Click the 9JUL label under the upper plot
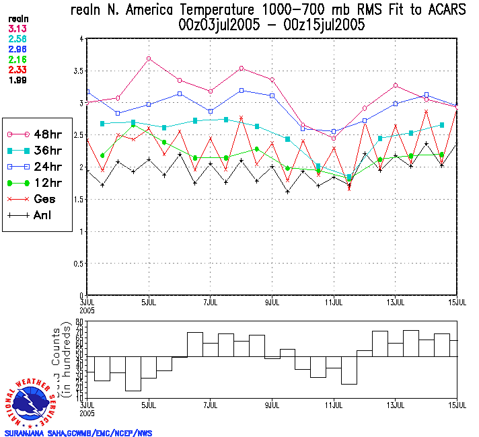(272, 302)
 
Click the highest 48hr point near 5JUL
(149, 58)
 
